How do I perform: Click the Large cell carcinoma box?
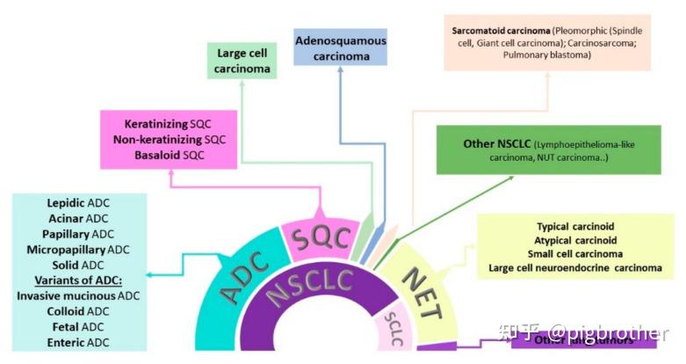[x=242, y=62]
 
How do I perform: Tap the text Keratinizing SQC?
[x=168, y=123]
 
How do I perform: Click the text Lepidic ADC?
[x=78, y=202]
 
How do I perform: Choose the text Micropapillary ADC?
[x=78, y=250]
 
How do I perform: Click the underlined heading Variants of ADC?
[x=78, y=280]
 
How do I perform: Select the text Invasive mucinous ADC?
[x=78, y=295]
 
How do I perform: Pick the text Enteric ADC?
[x=78, y=342]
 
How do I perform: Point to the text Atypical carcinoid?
[x=575, y=240]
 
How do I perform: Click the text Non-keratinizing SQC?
[x=168, y=139]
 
